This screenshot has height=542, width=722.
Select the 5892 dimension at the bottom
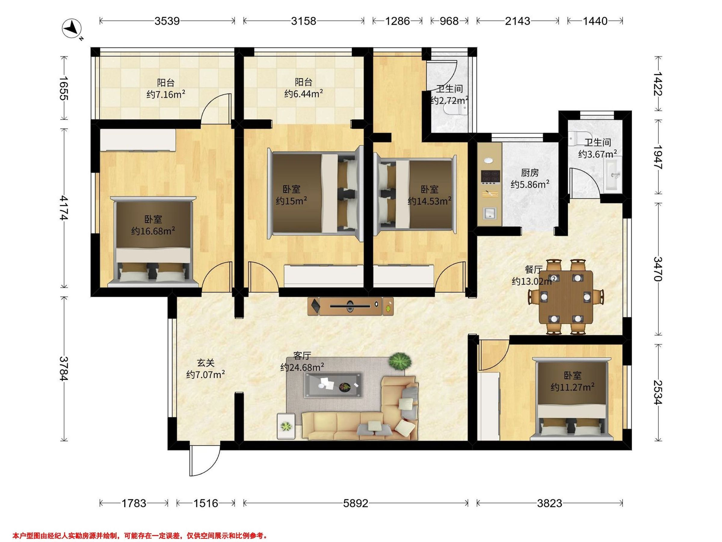(x=356, y=503)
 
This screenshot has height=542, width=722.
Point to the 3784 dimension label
(x=64, y=368)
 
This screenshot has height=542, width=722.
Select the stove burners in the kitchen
(x=491, y=176)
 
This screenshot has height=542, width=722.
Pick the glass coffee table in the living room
(x=333, y=385)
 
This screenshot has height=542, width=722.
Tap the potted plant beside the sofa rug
(x=400, y=361)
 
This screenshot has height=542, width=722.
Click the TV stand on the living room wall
(x=350, y=306)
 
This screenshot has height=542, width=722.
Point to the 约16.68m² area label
(x=153, y=231)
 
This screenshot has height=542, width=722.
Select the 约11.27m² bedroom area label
(x=572, y=387)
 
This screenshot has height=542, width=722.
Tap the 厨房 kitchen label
(x=530, y=173)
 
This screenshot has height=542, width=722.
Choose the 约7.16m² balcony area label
(x=166, y=95)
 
